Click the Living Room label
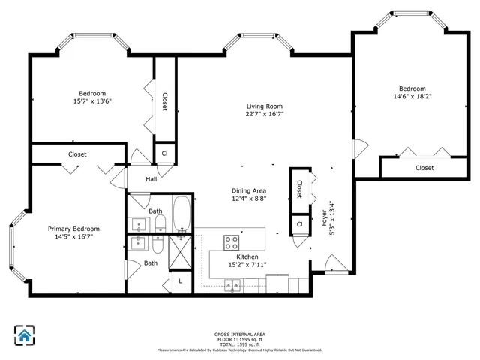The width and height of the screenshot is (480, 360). pyautogui.click(x=264, y=106)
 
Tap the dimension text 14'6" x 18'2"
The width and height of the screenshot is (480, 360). pyautogui.click(x=412, y=96)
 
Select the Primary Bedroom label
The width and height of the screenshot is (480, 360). pyautogui.click(x=73, y=229)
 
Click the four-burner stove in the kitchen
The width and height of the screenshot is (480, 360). pyautogui.click(x=232, y=242)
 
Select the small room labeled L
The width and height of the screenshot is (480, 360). pyautogui.click(x=180, y=280)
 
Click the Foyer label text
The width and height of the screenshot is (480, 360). pyautogui.click(x=325, y=218)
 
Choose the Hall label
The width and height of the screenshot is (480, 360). pyautogui.click(x=151, y=179)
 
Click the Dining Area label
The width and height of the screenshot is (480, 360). pyautogui.click(x=249, y=190)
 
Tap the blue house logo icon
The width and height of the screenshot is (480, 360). pyautogui.click(x=25, y=335)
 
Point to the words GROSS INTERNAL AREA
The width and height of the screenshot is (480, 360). pyautogui.click(x=239, y=334)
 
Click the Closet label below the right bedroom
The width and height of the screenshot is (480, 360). pyautogui.click(x=424, y=168)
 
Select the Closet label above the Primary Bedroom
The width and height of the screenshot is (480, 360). pyautogui.click(x=77, y=154)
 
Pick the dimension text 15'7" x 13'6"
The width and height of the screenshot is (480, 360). pyautogui.click(x=91, y=100)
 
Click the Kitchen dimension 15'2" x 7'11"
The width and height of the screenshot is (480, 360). pyautogui.click(x=247, y=264)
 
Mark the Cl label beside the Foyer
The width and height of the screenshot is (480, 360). pyautogui.click(x=299, y=223)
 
